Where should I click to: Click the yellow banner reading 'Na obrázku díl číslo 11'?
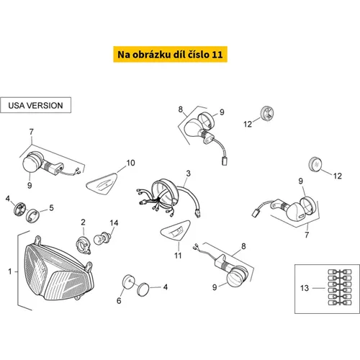pos(170,55)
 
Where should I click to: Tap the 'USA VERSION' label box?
pos(35,105)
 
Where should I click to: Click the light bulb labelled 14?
pos(102,238)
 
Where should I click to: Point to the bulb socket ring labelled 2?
pos(83,245)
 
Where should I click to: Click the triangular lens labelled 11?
pos(176,230)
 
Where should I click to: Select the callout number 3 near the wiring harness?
pos(188,174)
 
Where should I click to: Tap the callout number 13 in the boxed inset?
pos(305,288)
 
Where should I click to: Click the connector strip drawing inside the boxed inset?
pos(340,287)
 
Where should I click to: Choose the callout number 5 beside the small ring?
pos(51,208)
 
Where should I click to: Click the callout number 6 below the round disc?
pos(119,300)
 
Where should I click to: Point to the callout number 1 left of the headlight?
pos(10,271)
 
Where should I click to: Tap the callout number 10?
pos(130,163)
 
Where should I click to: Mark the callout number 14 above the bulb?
pos(114,223)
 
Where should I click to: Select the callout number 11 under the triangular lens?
pos(178,256)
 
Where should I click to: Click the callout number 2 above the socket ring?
pos(83,222)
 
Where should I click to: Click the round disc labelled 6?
pos(129,282)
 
